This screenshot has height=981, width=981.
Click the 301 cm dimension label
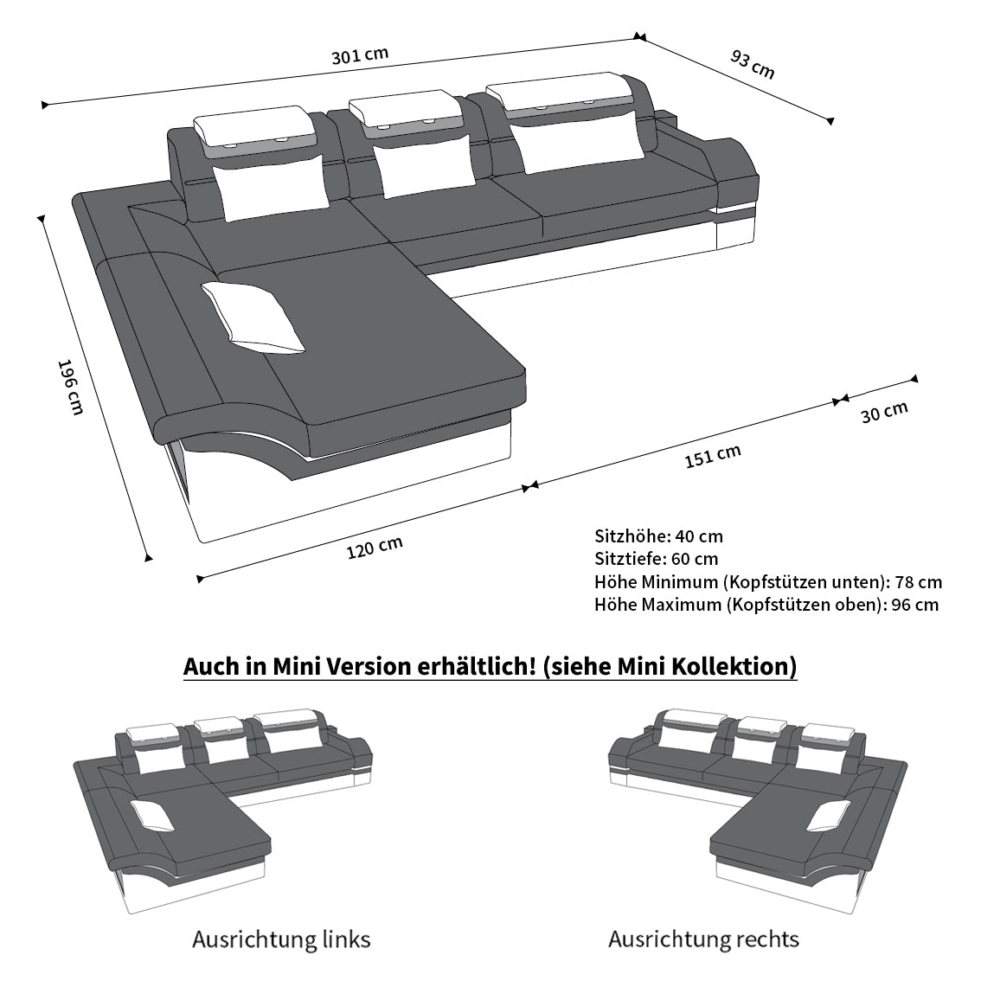coord(360,55)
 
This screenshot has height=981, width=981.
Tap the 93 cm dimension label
coord(753,64)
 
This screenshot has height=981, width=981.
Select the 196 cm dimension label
coord(70,387)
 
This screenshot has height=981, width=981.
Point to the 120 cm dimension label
coord(375,548)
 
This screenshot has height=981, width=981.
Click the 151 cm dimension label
coord(713,456)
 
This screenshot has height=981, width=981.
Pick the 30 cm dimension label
coord(884,413)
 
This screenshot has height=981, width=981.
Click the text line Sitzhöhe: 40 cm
coord(658,536)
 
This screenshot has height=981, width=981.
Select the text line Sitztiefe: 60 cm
coord(657,559)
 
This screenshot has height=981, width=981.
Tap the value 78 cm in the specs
coord(918,582)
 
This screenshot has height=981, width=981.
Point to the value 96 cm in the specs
coord(915,605)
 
